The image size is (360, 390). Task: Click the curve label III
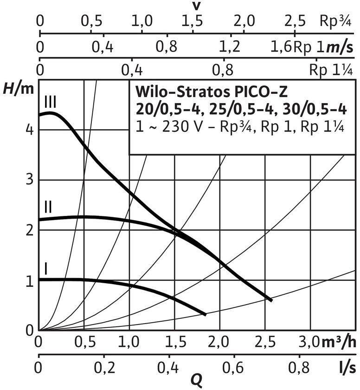(x=51, y=101)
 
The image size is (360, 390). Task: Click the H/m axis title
(x=19, y=87)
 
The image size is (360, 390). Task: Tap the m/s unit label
(x=341, y=46)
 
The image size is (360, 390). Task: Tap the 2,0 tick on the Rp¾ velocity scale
(x=244, y=21)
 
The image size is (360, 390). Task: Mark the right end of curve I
(x=205, y=314)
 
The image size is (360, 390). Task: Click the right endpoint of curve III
(x=272, y=300)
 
